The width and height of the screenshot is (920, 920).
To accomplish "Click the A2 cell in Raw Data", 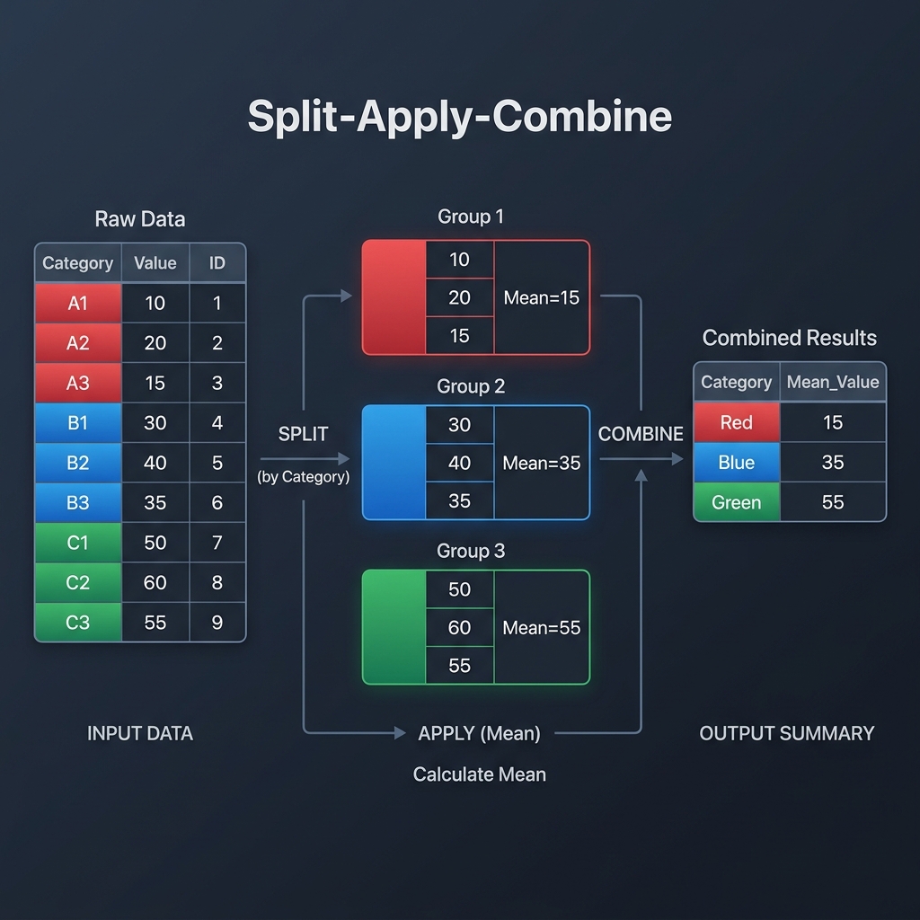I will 78,342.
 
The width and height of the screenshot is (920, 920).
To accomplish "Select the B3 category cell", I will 78,502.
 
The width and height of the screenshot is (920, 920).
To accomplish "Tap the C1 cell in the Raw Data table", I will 78,542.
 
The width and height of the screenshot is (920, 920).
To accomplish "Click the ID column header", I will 217,263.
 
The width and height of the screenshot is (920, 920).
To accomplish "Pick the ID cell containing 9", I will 217,622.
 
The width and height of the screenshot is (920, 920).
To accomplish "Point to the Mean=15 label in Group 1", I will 542,297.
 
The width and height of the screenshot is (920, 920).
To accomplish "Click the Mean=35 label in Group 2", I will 542,463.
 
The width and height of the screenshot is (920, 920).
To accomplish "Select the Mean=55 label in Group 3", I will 542,628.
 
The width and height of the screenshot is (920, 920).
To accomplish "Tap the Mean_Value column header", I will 833,382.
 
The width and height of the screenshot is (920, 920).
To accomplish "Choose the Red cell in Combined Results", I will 737,422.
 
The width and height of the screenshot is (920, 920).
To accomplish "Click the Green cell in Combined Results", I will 737,502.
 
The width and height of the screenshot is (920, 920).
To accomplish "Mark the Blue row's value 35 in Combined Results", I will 833,462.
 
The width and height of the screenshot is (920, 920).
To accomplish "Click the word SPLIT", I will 304,434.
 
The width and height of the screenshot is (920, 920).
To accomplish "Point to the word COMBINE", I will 641,434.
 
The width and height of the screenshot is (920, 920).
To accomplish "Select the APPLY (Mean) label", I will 480,733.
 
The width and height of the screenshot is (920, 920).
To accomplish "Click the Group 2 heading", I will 471,386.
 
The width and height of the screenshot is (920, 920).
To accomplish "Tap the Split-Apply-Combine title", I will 460,118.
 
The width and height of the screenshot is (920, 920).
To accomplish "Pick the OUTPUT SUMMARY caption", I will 787,733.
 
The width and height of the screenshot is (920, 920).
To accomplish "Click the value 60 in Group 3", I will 459,628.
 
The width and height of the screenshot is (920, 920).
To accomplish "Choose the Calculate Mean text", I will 480,774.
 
